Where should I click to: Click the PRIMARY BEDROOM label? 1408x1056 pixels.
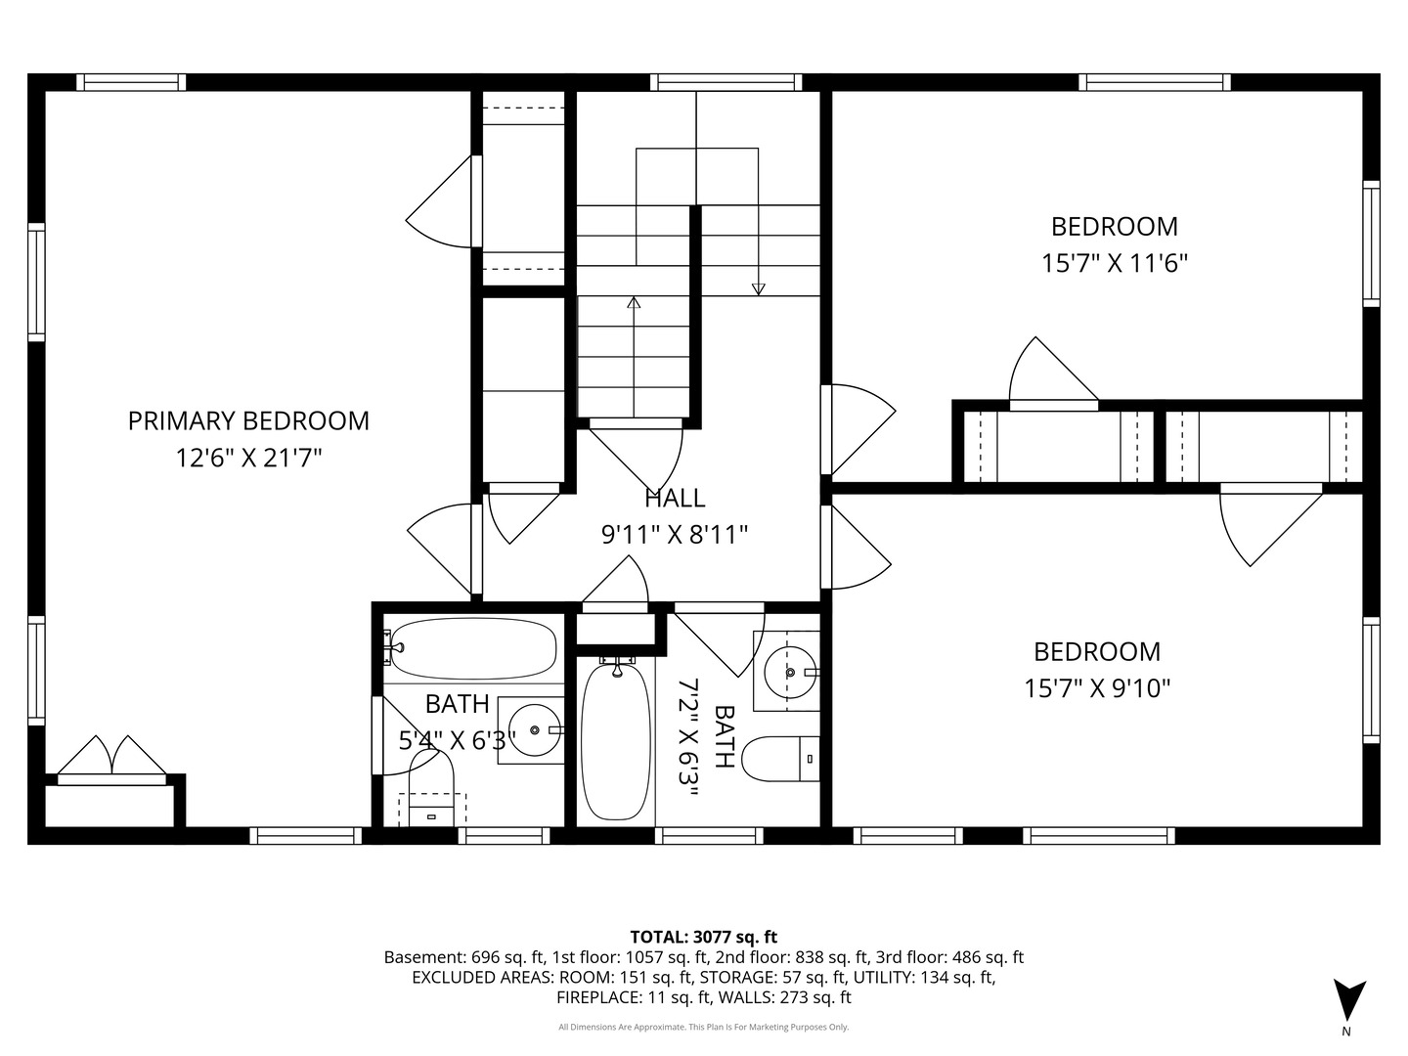248,421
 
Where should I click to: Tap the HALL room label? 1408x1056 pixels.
675,499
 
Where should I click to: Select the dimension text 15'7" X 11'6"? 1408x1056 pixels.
1115,264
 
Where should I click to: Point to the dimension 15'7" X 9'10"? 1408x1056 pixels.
1097,688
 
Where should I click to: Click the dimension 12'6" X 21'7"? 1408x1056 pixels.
248,459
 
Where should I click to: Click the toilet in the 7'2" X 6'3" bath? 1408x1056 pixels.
780,759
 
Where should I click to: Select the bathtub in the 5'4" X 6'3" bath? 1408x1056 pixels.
473,647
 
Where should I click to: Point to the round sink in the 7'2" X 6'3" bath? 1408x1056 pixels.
790,672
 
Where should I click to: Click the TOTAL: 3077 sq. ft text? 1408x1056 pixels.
704,938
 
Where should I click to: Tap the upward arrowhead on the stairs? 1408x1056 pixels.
634,302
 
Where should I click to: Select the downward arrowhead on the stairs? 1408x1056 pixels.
758,289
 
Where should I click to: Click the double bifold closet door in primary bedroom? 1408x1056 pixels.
112,757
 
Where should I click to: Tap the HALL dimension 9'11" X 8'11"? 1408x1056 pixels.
675,535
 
